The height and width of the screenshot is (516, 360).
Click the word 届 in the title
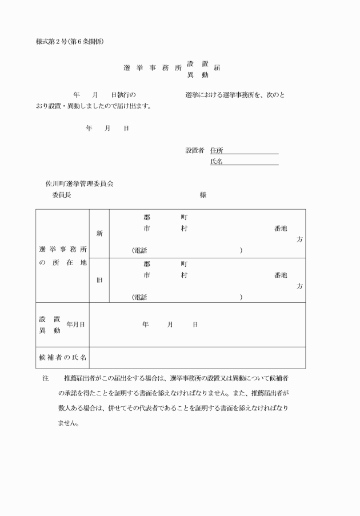217,67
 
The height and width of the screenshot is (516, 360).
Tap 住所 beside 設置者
216,150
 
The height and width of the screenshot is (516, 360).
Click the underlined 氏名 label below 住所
216,162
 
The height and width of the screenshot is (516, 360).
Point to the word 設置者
194,150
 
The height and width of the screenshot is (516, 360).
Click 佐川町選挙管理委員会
79,184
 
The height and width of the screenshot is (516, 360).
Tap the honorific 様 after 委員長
203,195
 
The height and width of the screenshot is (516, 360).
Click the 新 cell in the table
99,233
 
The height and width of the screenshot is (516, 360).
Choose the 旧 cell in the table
99,280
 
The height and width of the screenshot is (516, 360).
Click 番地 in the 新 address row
281,229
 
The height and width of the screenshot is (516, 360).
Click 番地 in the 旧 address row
281,275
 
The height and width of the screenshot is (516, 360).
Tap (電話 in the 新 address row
139,250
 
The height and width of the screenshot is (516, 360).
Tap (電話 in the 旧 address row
139,297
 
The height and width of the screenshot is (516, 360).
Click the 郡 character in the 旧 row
147,264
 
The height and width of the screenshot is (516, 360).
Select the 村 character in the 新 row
184,229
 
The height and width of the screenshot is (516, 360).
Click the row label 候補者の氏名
63,357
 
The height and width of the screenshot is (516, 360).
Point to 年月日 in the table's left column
75,325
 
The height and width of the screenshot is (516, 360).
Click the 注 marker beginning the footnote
46,378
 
